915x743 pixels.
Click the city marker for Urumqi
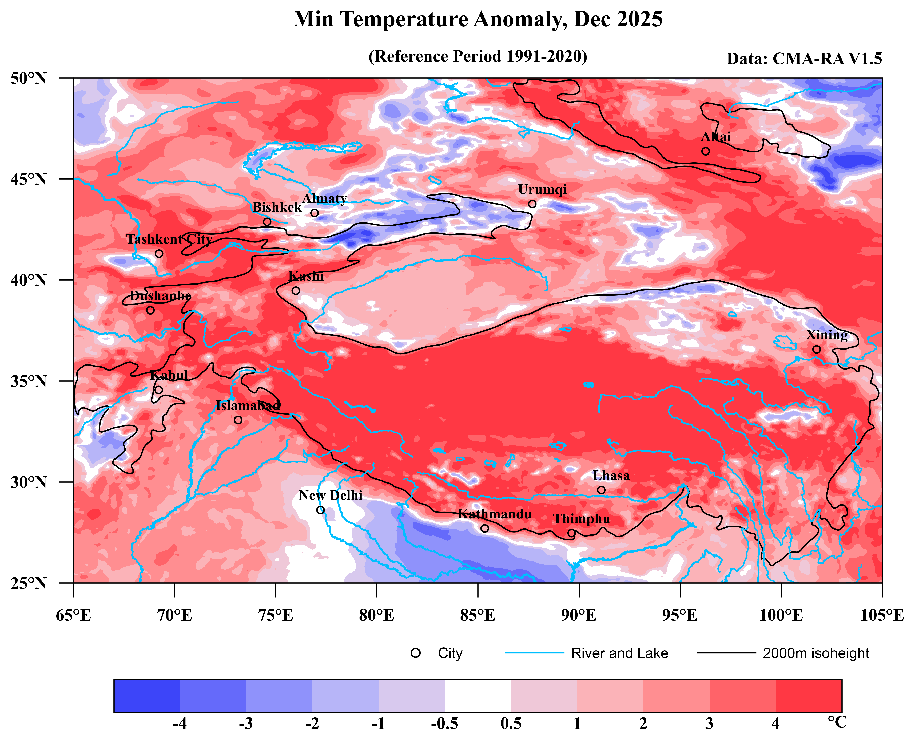[x=532, y=204]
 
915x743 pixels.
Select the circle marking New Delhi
[x=320, y=510]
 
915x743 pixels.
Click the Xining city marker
[x=817, y=349]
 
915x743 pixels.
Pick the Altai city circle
[x=706, y=151]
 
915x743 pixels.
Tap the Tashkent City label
[x=169, y=239]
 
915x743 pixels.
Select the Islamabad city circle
[x=238, y=420]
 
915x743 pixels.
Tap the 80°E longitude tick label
[x=377, y=615]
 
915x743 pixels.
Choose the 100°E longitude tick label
[x=781, y=615]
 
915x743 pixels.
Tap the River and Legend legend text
[x=619, y=653]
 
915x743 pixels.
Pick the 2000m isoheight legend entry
[x=816, y=653]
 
